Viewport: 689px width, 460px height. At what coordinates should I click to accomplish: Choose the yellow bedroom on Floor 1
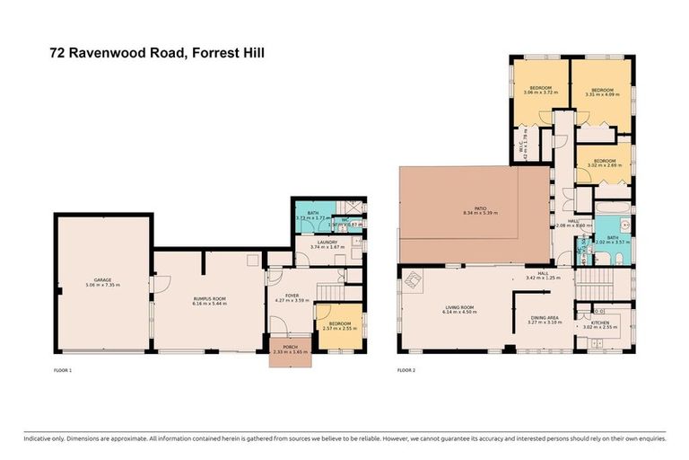[x=338, y=326]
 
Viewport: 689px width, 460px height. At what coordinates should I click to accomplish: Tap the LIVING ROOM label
[x=458, y=309]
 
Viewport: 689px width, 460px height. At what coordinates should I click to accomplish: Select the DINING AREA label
[x=545, y=318]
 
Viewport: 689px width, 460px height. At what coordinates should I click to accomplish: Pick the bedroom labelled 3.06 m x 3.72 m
[x=542, y=89]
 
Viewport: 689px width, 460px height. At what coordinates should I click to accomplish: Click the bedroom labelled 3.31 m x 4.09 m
[x=600, y=90]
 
